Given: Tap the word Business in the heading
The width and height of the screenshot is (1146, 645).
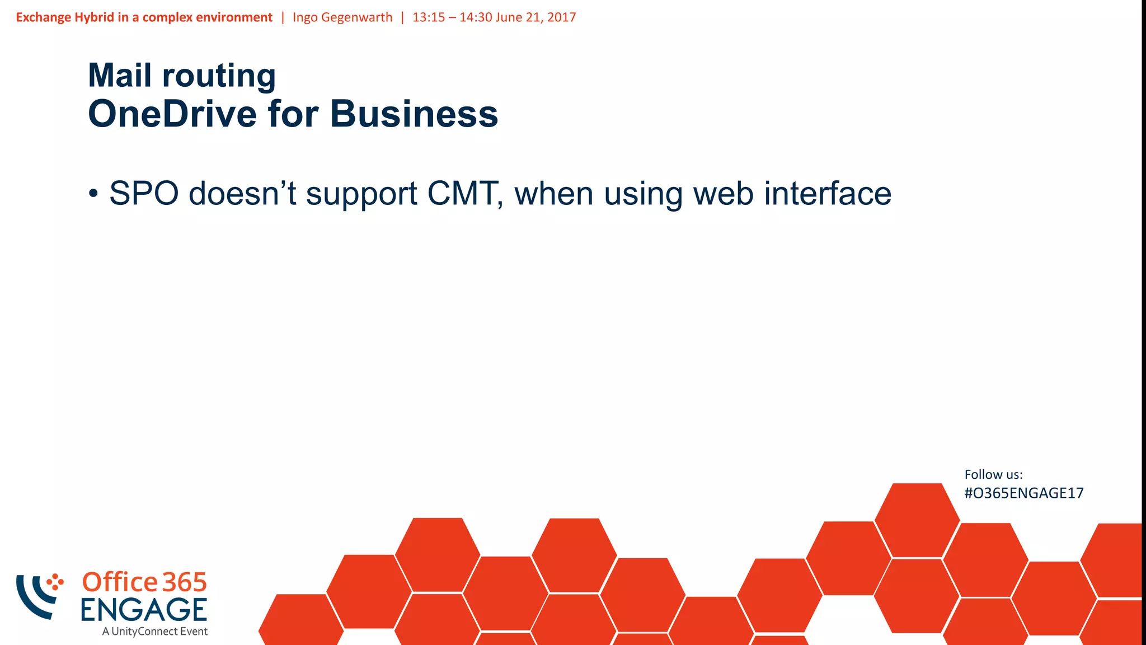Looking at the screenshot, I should tap(414, 114).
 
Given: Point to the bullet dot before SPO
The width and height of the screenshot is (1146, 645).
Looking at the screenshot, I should tap(93, 194).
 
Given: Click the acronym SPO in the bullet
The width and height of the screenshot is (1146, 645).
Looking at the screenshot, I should tap(144, 194).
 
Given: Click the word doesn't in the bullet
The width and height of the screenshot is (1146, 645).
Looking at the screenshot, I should tap(242, 194).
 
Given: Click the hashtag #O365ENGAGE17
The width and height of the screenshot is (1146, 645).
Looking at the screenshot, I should tap(1023, 493).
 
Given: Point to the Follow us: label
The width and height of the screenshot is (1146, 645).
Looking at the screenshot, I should tap(993, 475).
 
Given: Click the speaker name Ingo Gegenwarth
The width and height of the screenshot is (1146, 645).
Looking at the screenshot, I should tap(342, 17).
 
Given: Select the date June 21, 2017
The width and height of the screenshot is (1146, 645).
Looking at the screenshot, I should tap(536, 17).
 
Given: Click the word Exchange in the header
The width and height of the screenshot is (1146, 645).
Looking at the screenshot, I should tap(43, 17).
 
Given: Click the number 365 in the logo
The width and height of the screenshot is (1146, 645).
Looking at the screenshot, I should tap(185, 582).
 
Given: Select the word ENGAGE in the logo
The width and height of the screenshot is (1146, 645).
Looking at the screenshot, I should tap(144, 610).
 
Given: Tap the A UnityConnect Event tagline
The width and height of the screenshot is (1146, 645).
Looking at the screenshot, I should tap(154, 632).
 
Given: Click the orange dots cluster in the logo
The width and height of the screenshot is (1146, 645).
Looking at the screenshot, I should tap(55, 582).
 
